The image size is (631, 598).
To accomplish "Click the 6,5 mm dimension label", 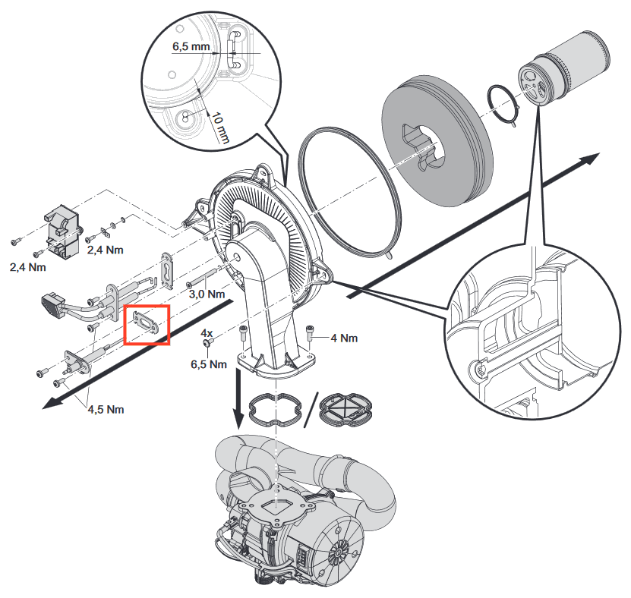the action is point(191,46).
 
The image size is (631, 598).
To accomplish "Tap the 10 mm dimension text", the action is point(220,128).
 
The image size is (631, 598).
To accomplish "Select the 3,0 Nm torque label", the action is point(207,294).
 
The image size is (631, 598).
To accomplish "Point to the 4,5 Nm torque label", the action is point(106,409).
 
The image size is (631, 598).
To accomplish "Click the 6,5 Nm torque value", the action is point(209,364).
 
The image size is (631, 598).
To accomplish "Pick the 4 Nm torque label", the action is point(344,338).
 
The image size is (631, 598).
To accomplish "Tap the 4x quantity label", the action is point(207,333).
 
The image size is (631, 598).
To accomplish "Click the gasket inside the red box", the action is point(147,322).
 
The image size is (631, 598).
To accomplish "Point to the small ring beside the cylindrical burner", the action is point(503,105).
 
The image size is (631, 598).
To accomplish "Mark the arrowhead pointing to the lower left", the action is point(52,404).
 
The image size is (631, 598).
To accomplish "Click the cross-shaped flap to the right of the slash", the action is point(345,410).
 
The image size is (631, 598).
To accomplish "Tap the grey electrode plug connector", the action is point(52,305).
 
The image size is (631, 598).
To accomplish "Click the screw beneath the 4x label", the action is point(208,342).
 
